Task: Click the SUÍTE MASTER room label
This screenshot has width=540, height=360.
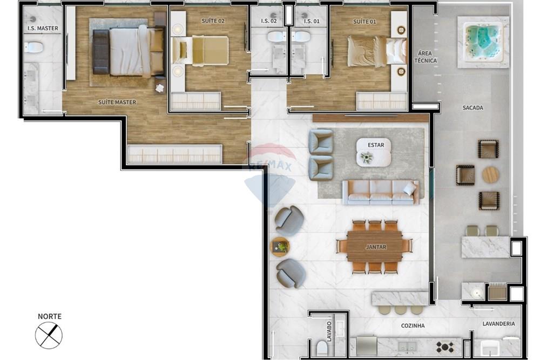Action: tap(117, 102)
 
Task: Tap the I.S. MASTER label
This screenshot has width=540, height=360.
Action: tap(43, 28)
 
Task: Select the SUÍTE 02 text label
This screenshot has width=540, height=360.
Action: tap(198, 21)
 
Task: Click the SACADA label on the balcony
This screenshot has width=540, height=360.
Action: tap(473, 108)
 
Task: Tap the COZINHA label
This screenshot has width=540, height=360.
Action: tap(413, 325)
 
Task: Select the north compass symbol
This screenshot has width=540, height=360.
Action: tap(49, 335)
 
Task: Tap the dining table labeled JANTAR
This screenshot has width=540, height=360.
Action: tap(375, 247)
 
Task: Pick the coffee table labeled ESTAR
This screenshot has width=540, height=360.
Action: tap(373, 152)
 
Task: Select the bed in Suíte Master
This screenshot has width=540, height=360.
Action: tap(129, 52)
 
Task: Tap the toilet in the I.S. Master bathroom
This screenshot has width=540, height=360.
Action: tap(35, 47)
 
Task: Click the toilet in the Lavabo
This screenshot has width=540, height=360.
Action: tap(322, 347)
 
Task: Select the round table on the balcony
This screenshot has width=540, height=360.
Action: tap(490, 174)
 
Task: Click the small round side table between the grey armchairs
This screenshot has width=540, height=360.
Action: tap(280, 247)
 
